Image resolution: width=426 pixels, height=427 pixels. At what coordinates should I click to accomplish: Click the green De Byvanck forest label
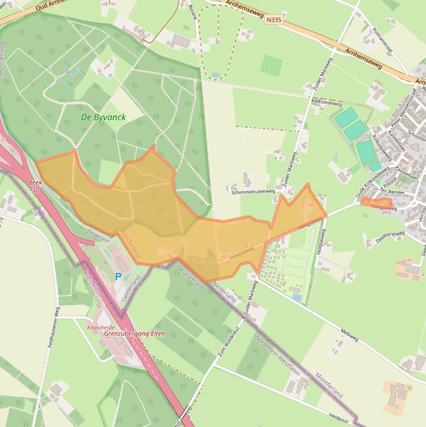click(103, 118)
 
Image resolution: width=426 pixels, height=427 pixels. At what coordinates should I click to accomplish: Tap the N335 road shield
click(273, 20)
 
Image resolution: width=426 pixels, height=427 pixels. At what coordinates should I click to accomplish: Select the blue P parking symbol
click(118, 276)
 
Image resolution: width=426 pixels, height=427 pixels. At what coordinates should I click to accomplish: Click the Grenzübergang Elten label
click(127, 335)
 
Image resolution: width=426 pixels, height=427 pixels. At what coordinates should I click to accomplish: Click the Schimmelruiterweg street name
click(253, 191)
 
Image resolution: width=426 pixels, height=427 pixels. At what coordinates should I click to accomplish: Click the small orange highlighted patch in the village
click(377, 204)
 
